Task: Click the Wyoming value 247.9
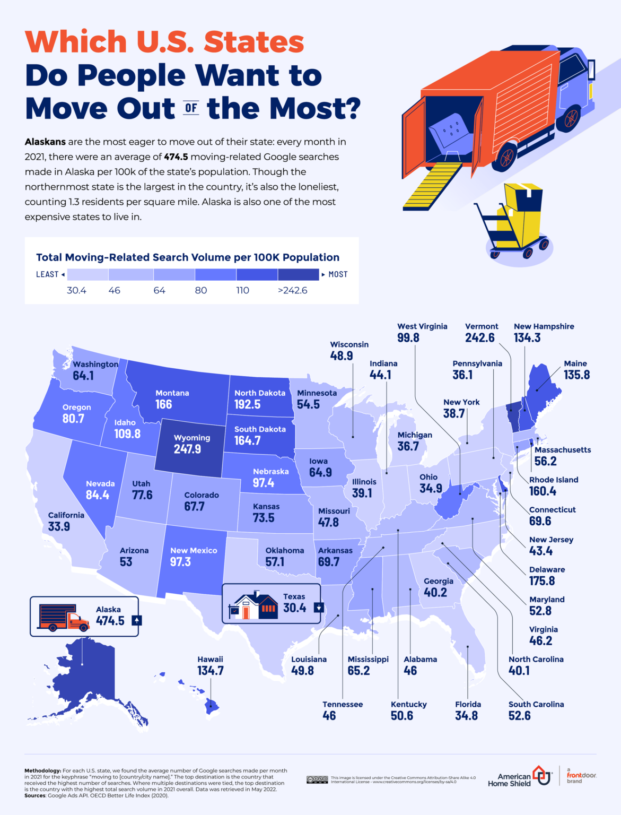tap(187, 449)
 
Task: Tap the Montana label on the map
tap(172, 393)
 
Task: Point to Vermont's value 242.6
tap(479, 338)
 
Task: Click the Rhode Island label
tap(553, 480)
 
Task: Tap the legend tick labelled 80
tap(201, 290)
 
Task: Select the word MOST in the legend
tap(338, 274)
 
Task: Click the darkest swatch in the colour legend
tap(298, 274)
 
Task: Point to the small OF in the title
tap(191, 108)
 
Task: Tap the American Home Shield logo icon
tap(541, 775)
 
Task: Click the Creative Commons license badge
tap(317, 779)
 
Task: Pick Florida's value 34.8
tap(466, 716)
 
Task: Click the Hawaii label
tap(210, 659)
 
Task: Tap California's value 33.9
tap(59, 527)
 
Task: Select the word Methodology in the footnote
tap(42, 770)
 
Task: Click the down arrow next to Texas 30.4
tap(319, 608)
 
